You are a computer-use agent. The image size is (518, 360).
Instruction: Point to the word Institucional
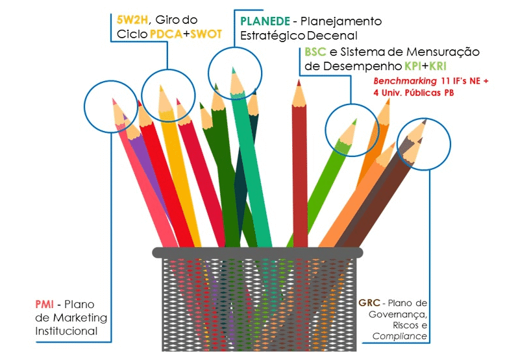(x=66, y=331)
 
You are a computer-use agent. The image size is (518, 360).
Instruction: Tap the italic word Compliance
(x=400, y=336)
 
